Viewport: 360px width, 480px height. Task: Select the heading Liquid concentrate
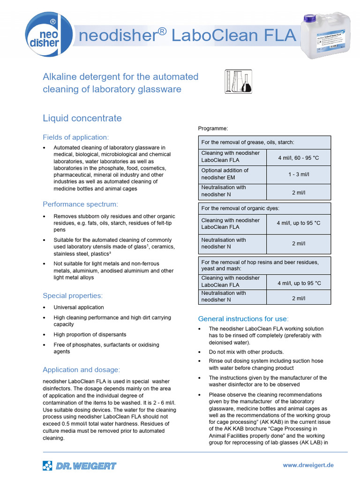click(82, 118)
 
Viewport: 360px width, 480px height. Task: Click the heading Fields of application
click(75, 137)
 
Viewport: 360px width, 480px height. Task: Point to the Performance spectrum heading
click(80, 204)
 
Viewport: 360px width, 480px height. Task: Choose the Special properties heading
click(72, 295)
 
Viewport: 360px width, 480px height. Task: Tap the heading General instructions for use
click(243, 319)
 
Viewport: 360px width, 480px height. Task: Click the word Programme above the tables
click(213, 128)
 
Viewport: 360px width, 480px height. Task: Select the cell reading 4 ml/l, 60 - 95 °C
click(298, 158)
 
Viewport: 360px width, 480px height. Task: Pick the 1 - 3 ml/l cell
click(298, 174)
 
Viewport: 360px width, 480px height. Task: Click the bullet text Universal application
click(79, 307)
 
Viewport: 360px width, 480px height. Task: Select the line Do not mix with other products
click(246, 352)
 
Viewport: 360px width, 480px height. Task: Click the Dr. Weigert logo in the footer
click(79, 465)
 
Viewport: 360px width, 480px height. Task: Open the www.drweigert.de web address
click(308, 465)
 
